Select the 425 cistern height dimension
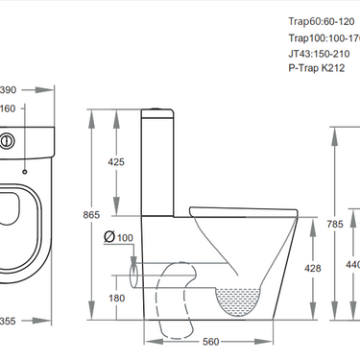coord(116,162)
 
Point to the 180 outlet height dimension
coord(116,299)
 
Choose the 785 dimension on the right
coord(333,224)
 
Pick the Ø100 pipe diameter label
coord(117,237)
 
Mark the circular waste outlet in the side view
coord(133,279)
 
